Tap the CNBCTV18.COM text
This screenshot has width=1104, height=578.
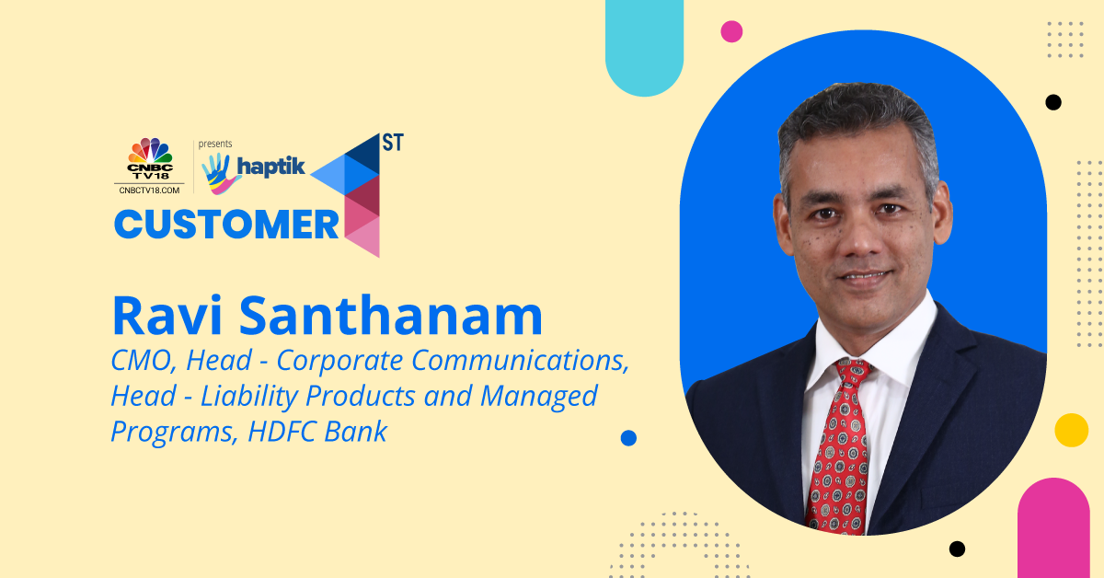[149, 191]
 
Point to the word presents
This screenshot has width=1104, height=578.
[215, 144]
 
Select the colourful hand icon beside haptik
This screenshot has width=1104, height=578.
[220, 173]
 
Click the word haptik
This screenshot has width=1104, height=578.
[271, 167]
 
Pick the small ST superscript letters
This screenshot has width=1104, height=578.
[393, 143]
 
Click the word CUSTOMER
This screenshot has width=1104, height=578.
[226, 225]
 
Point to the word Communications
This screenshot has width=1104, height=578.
[521, 361]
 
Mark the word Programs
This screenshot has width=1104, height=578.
[171, 433]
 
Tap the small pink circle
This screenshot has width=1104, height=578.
[731, 31]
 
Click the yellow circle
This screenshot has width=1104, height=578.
[1072, 430]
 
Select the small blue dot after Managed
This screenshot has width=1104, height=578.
[628, 438]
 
